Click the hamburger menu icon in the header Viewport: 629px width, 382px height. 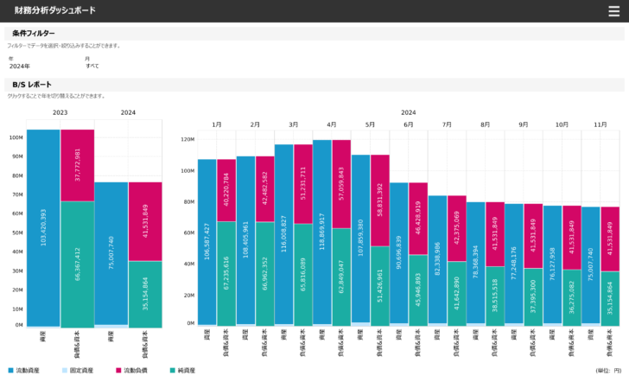613,10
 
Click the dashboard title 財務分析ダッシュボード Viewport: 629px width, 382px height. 55,10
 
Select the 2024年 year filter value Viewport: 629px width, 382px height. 20,66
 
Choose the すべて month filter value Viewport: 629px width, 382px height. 92,66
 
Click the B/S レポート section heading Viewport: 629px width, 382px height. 32,85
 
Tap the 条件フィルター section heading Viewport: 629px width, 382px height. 34,33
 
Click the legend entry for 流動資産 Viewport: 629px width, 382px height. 21,371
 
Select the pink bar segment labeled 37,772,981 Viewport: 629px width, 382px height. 77,165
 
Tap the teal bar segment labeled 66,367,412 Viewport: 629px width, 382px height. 77,264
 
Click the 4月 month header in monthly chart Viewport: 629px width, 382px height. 331,124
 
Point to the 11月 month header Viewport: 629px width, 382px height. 600,124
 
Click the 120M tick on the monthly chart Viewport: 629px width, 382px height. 188,139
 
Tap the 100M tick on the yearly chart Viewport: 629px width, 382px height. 16,137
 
